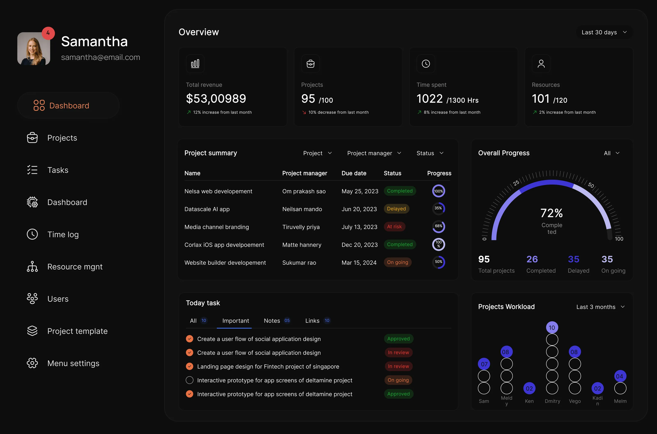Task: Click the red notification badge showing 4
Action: (x=48, y=33)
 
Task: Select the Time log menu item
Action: (x=63, y=234)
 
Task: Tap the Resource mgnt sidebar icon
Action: (x=32, y=267)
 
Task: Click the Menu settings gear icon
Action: (x=32, y=363)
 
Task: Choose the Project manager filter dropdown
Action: (x=374, y=153)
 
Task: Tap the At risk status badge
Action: (x=394, y=227)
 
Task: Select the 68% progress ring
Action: (x=439, y=226)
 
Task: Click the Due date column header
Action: (x=354, y=173)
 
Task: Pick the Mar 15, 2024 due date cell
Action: (x=359, y=263)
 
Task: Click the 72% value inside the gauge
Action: (x=551, y=213)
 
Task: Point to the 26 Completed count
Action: (x=532, y=259)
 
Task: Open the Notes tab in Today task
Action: (x=272, y=321)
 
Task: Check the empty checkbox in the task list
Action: (x=190, y=380)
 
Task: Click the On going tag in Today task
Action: (x=398, y=380)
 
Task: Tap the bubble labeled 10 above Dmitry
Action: (x=552, y=328)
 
